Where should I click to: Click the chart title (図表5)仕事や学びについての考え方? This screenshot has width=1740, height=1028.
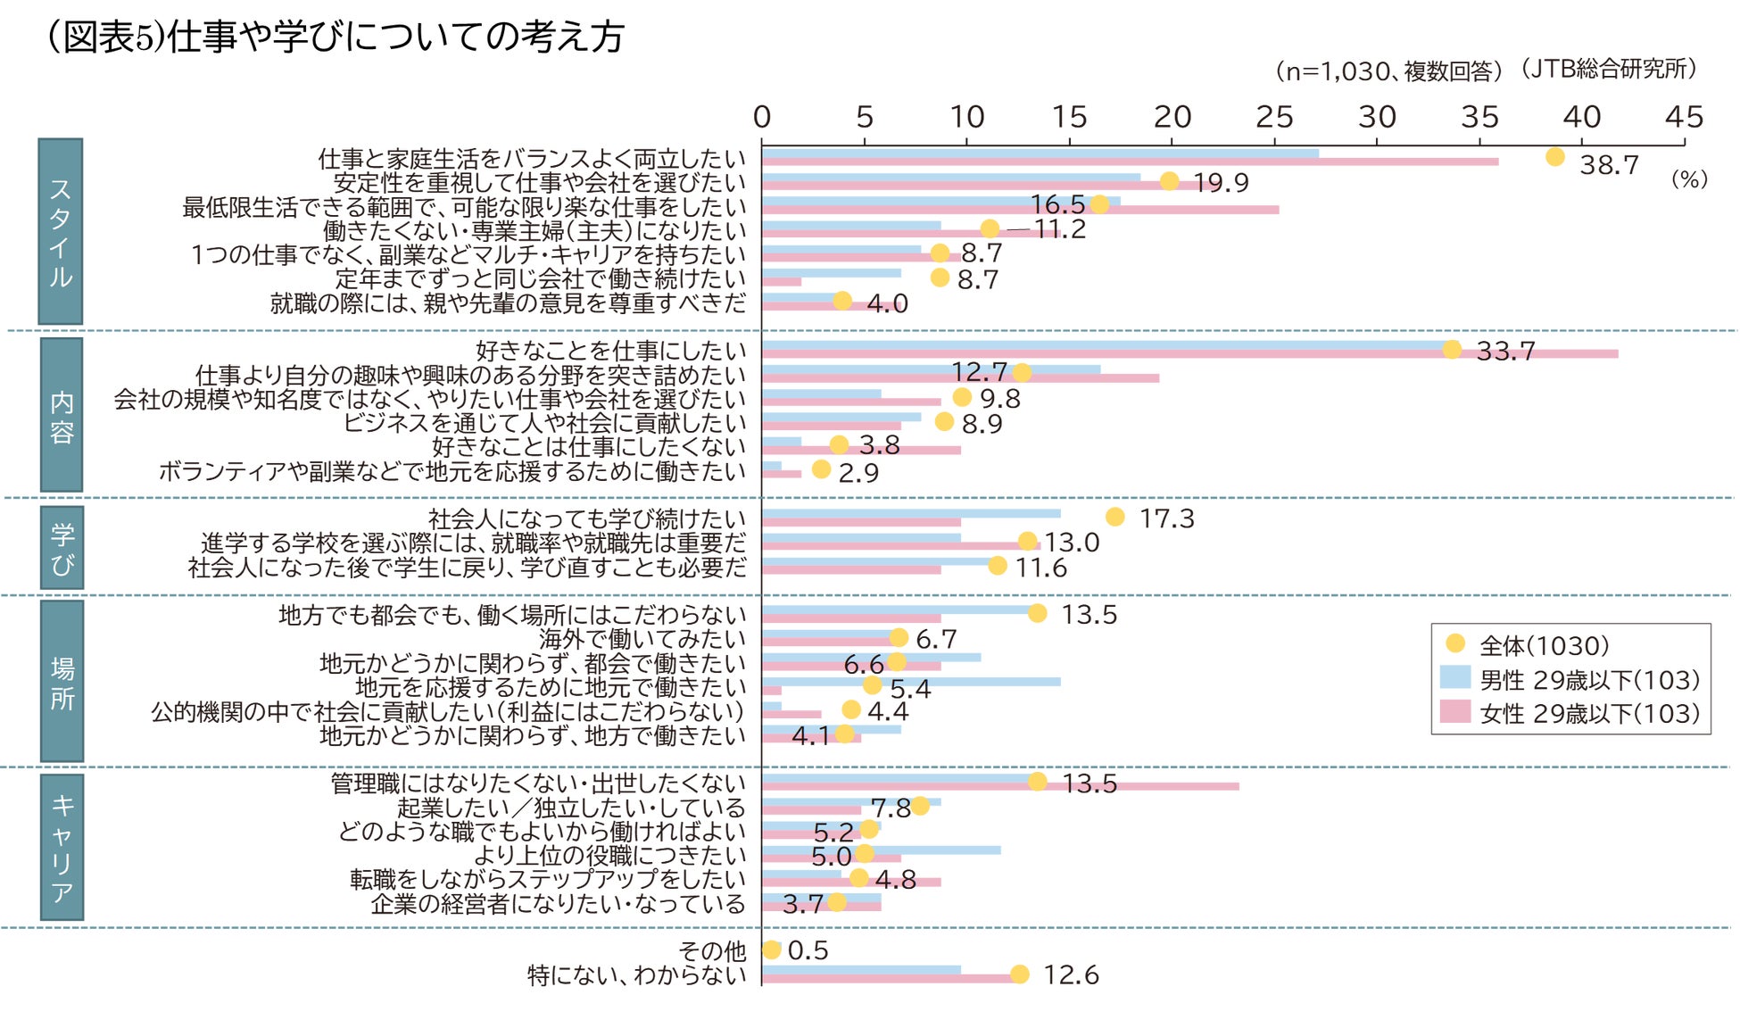(x=336, y=37)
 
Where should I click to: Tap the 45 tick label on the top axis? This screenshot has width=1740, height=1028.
(x=1684, y=117)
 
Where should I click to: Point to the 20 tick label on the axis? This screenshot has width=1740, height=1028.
(x=1172, y=117)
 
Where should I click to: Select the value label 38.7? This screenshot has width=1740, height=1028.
(x=1609, y=165)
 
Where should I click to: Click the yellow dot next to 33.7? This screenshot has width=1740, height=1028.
(x=1452, y=349)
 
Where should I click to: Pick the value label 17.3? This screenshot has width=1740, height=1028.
(x=1166, y=518)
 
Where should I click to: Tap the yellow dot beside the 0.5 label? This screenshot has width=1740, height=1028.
(x=772, y=949)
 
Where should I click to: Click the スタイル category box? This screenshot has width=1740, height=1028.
(x=61, y=231)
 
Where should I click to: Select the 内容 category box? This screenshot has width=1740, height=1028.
(x=62, y=415)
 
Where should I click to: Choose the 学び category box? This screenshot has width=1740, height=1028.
(x=62, y=548)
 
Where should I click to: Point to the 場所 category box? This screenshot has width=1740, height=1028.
(x=62, y=681)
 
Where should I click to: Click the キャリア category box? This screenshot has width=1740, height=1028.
(x=62, y=847)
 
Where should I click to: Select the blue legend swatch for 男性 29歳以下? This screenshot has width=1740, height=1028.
(x=1454, y=677)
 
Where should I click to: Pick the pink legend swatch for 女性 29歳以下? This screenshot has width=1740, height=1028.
(x=1454, y=711)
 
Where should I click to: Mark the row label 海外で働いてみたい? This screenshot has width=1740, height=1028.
(x=642, y=639)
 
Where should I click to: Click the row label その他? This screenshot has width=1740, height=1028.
(x=711, y=950)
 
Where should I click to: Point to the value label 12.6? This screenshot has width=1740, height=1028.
(x=1071, y=974)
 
